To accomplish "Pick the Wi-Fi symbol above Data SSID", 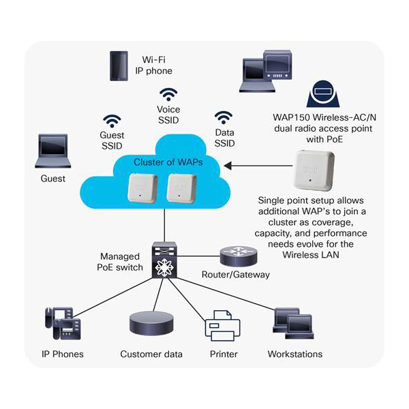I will click(224, 117).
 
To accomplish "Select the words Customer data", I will click(151, 354).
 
